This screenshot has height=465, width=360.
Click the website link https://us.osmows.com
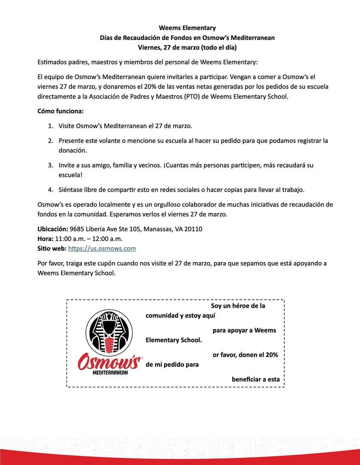tap(102, 248)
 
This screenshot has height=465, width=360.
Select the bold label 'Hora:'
tap(45, 238)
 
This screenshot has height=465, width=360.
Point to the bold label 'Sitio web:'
tap(51, 248)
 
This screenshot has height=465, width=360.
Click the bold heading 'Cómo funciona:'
tap(60, 111)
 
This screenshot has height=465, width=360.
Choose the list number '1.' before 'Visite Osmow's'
tap(51, 125)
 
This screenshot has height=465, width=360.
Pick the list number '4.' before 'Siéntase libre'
tap(51, 189)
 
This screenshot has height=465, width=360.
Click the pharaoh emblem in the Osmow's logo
tap(109, 333)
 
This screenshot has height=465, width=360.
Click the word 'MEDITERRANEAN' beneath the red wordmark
tap(110, 372)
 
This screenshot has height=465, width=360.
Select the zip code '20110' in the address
tap(193, 229)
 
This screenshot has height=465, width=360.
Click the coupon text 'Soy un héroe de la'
tap(238, 306)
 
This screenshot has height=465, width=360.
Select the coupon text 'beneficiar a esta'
tap(255, 379)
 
